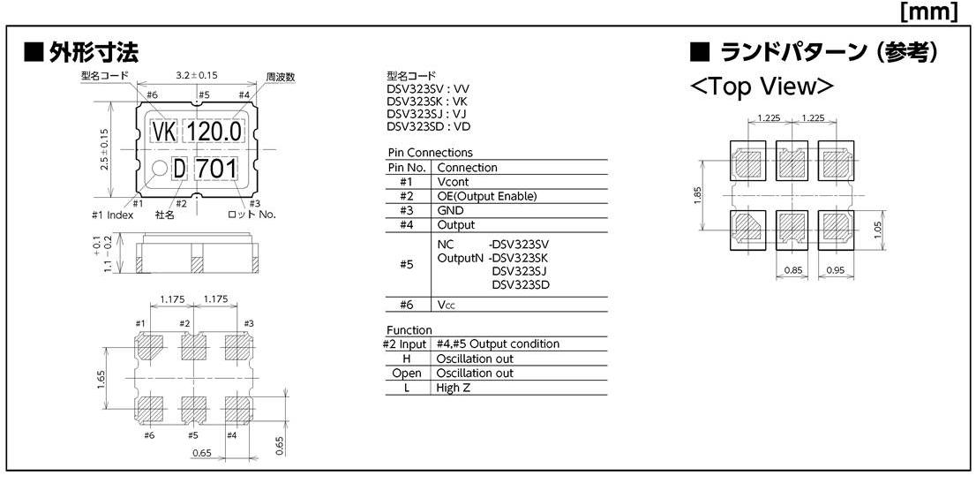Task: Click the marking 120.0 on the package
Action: tap(215, 132)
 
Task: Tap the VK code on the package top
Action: tap(164, 132)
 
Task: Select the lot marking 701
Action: tap(216, 168)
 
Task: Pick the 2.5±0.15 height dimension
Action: tap(104, 149)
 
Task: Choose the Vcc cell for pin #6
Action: tap(447, 305)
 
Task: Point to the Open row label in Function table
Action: tap(407, 374)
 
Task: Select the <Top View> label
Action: tap(764, 87)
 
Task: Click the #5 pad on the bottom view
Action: tap(192, 409)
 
